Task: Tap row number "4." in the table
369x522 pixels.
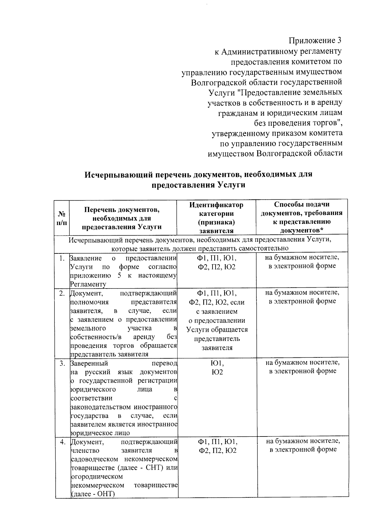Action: [x=62, y=442]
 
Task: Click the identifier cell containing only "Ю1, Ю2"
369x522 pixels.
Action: [x=217, y=368]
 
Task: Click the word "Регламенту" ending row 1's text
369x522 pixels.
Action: [x=88, y=284]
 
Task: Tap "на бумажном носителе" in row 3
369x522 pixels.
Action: [x=303, y=363]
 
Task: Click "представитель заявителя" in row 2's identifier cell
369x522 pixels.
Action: [x=217, y=343]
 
